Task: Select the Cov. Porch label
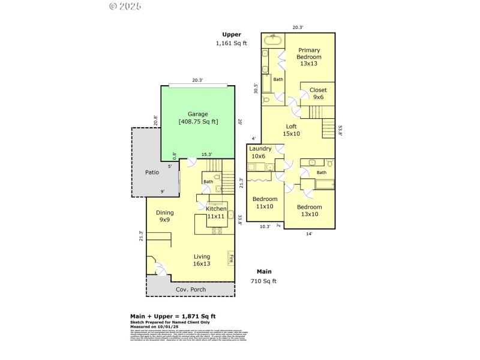pos(190,290)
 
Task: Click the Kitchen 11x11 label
pos(216,212)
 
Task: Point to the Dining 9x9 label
pos(164,216)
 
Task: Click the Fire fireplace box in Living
pos(230,258)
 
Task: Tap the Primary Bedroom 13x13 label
pos(309,57)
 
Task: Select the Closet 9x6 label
pos(317,94)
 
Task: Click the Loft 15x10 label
pos(291,130)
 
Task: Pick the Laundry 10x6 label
pos(260,152)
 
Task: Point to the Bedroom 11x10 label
pos(265,202)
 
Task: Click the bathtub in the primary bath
pos(273,40)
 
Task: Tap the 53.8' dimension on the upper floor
pos(340,130)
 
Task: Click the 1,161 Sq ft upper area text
pos(232,43)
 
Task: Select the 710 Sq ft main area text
pos(263,281)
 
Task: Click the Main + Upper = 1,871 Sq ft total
pos(173,316)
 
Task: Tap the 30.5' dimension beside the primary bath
pos(256,88)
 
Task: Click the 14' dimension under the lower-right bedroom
pos(309,233)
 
